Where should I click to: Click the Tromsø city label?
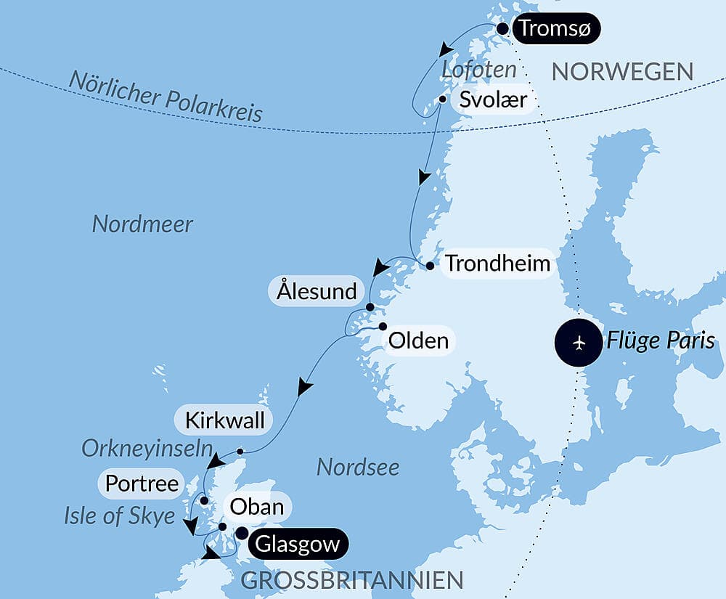555,30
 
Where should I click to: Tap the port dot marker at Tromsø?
502,29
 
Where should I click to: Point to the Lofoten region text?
479,70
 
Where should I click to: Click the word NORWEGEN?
622,71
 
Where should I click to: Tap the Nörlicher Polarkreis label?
166,97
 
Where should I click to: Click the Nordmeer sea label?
142,224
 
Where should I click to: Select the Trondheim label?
497,264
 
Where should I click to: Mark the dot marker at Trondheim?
430,266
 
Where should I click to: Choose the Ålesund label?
317,291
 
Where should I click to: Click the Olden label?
418,340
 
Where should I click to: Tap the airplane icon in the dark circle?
579,341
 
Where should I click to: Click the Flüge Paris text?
661,340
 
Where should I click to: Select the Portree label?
142,483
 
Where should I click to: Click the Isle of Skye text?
120,516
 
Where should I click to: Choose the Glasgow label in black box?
298,544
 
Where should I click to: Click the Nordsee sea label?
358,467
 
